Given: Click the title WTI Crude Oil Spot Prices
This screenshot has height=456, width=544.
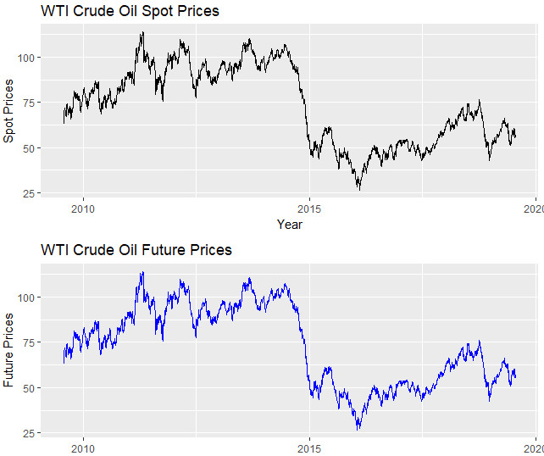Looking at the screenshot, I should pos(130,11).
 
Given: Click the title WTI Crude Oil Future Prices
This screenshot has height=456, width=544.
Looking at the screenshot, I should pos(136,250).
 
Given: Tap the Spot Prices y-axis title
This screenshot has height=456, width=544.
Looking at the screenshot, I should pos(10,111).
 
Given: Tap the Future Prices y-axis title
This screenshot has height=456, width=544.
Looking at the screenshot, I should pos(10,351).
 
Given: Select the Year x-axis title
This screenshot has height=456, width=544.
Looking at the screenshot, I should pos(289,225).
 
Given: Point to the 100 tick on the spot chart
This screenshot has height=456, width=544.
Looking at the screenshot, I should pos(26,58).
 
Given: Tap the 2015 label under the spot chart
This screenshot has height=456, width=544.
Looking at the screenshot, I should pos(310,209).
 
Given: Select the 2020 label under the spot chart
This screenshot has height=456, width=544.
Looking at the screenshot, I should pos(535,209).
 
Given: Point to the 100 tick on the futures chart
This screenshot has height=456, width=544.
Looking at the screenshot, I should pos(26,298).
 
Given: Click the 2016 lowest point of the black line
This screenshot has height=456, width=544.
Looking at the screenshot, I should pos(359,189).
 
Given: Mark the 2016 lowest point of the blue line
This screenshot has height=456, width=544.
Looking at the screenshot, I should pos(359,429).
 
